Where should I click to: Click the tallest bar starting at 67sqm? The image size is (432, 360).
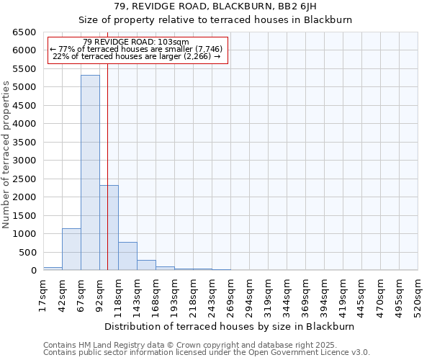[90, 173]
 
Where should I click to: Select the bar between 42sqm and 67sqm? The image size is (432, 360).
[71, 249]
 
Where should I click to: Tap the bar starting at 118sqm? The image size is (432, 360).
[127, 256]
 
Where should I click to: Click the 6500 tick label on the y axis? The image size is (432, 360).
[24, 32]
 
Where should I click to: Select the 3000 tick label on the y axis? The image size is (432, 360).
[24, 161]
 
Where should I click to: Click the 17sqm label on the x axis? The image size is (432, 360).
[43, 294]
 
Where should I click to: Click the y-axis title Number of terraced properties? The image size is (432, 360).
[7, 155]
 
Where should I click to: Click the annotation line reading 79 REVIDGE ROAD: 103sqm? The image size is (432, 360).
[136, 42]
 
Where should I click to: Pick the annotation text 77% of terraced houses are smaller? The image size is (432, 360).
[137, 49]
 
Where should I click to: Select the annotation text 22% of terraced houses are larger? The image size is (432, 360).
[137, 56]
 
